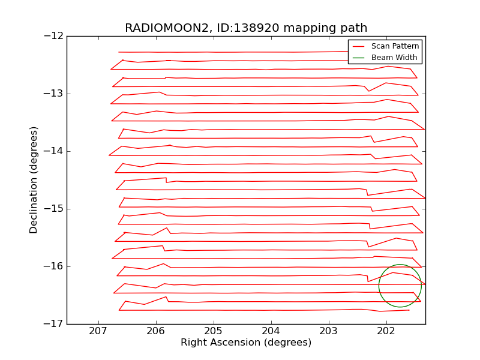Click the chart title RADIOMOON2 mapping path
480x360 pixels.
(x=246, y=28)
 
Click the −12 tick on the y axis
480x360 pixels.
(x=53, y=36)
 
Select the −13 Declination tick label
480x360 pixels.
(x=53, y=94)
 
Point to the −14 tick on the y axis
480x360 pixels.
(x=53, y=151)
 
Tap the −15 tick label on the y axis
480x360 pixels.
(x=53, y=209)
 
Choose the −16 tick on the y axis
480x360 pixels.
(x=53, y=266)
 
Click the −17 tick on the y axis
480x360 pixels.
(x=53, y=324)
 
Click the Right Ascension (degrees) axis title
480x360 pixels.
(x=246, y=343)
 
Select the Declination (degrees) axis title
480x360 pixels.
(x=34, y=180)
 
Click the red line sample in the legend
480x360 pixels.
(x=359, y=46)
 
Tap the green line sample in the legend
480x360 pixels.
(x=359, y=58)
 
